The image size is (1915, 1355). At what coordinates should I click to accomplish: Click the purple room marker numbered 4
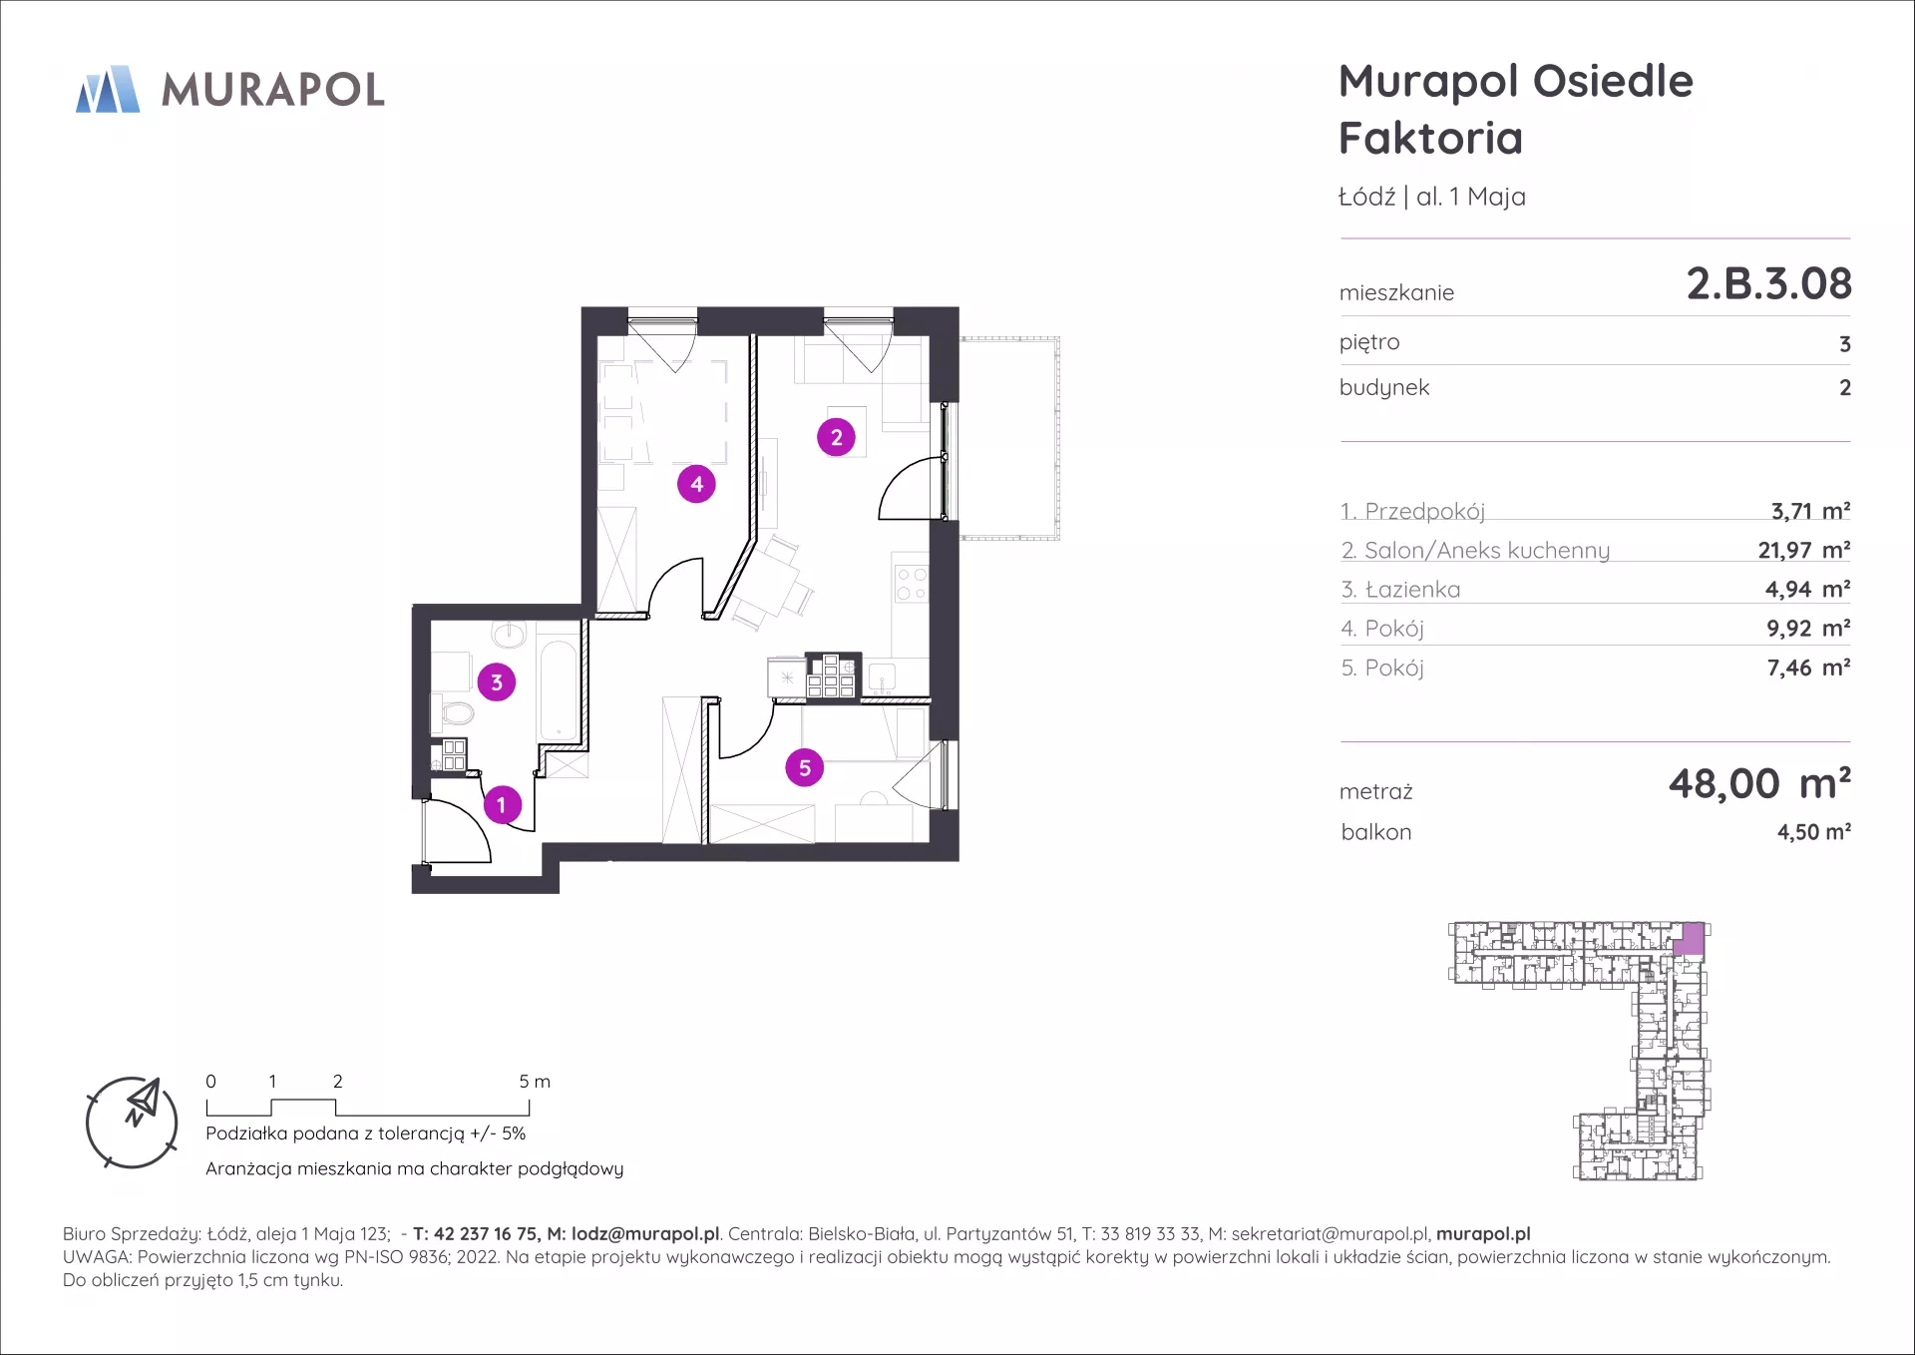click(696, 484)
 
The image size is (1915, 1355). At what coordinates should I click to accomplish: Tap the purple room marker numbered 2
click(836, 437)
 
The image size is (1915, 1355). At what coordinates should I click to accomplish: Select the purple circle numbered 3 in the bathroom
click(497, 682)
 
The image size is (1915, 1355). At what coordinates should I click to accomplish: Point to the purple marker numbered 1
click(502, 804)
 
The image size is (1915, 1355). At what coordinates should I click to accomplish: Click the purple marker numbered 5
click(805, 767)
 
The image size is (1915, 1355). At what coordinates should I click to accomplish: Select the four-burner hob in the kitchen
click(912, 584)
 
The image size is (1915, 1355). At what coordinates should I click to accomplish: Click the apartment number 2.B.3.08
click(1768, 284)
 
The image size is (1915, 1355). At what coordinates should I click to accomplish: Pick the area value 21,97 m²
click(1803, 550)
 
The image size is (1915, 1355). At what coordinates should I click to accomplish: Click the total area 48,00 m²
click(1759, 784)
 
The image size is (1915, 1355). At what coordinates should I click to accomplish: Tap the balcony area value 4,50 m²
click(1813, 832)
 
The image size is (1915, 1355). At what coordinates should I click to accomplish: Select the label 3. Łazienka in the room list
click(1400, 590)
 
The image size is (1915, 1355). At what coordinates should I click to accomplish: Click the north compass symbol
click(132, 1123)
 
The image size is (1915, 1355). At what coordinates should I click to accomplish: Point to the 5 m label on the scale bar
click(535, 1082)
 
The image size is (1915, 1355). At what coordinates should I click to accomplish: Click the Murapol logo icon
click(108, 89)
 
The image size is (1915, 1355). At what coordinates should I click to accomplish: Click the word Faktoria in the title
click(1430, 138)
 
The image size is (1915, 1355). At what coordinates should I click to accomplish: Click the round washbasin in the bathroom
click(509, 634)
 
